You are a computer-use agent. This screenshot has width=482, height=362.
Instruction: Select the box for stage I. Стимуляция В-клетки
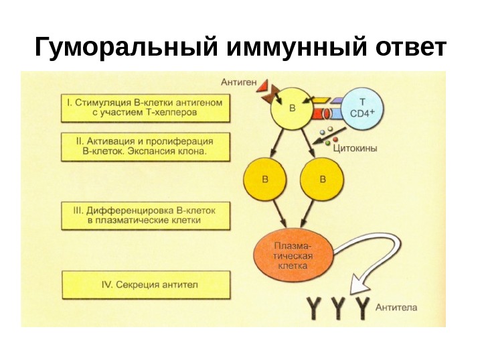(x=145, y=108)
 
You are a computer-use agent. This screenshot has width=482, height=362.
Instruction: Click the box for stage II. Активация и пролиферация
(x=145, y=147)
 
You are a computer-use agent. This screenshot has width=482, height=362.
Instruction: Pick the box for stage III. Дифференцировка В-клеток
(x=145, y=215)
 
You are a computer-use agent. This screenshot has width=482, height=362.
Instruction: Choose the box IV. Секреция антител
(x=145, y=284)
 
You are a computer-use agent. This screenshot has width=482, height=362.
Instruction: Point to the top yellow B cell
(x=291, y=109)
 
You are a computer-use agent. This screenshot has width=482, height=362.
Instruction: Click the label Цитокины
(x=354, y=149)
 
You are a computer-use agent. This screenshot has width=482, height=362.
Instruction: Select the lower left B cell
(x=266, y=180)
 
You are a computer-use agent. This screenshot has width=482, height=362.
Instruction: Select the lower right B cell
(x=323, y=180)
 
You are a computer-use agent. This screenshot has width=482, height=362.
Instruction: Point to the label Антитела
(x=396, y=308)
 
